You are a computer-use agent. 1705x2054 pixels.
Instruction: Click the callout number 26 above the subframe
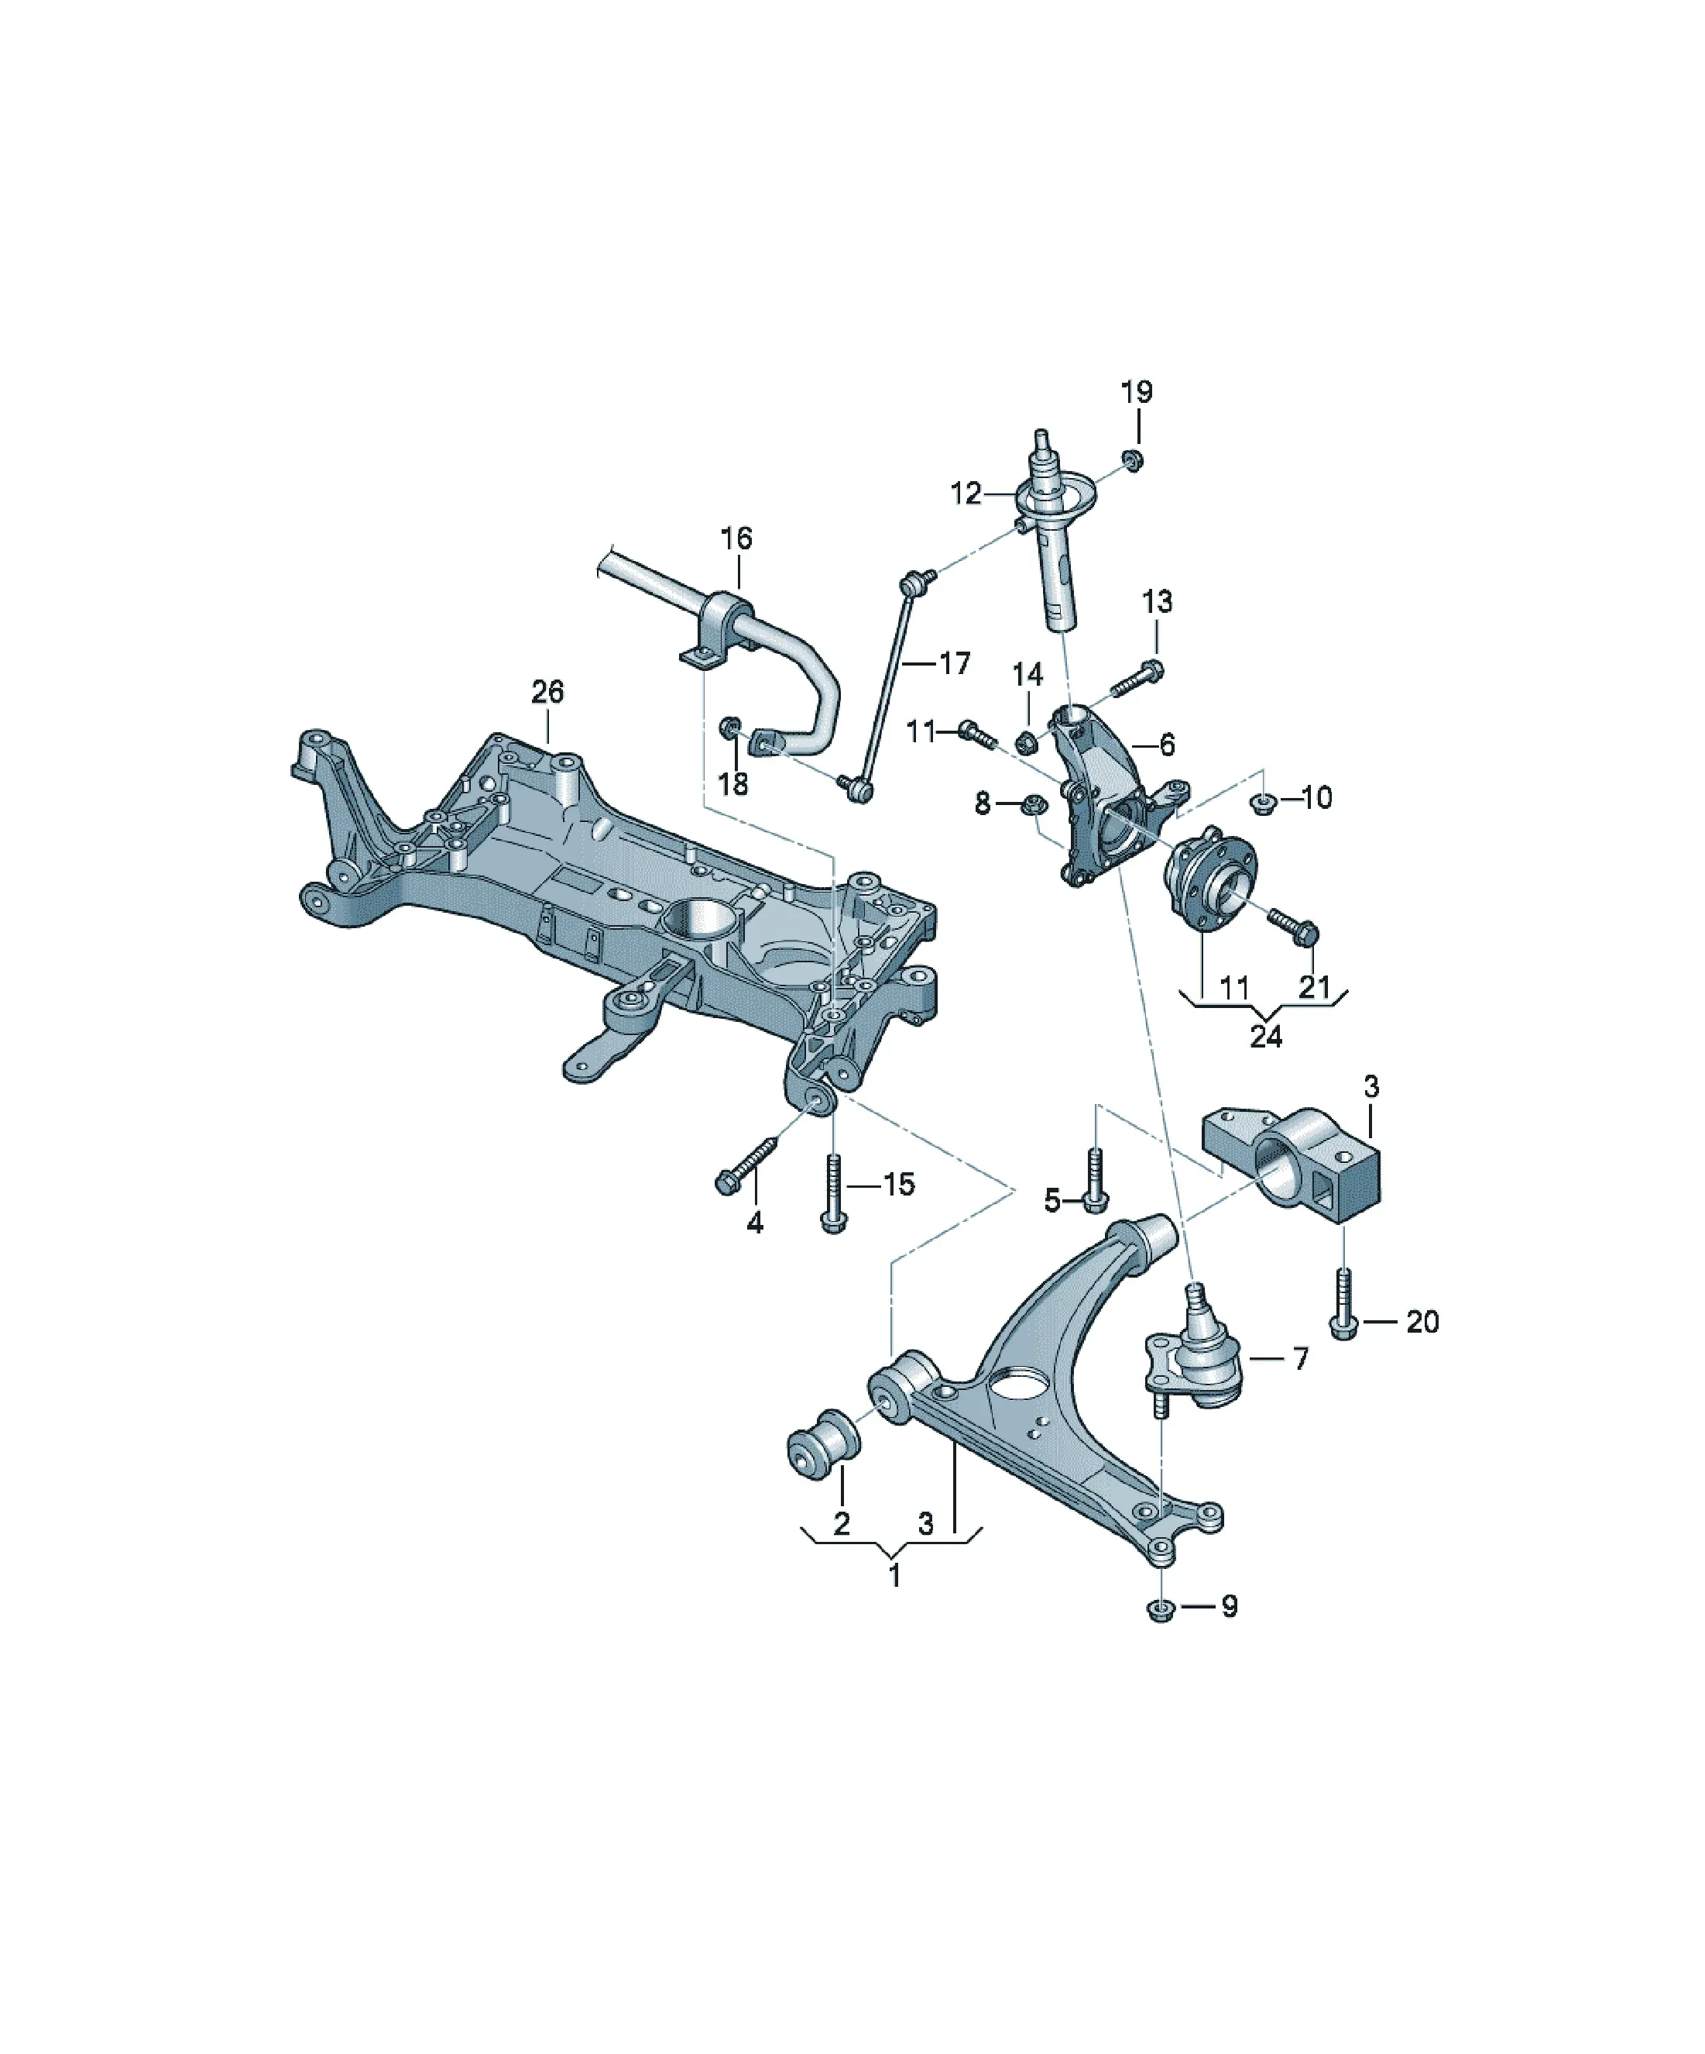[547, 693]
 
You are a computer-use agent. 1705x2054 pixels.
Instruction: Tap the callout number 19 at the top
[1136, 392]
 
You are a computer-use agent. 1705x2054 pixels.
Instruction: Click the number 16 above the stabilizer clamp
[736, 538]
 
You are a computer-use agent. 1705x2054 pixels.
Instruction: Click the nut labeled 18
[730, 728]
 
